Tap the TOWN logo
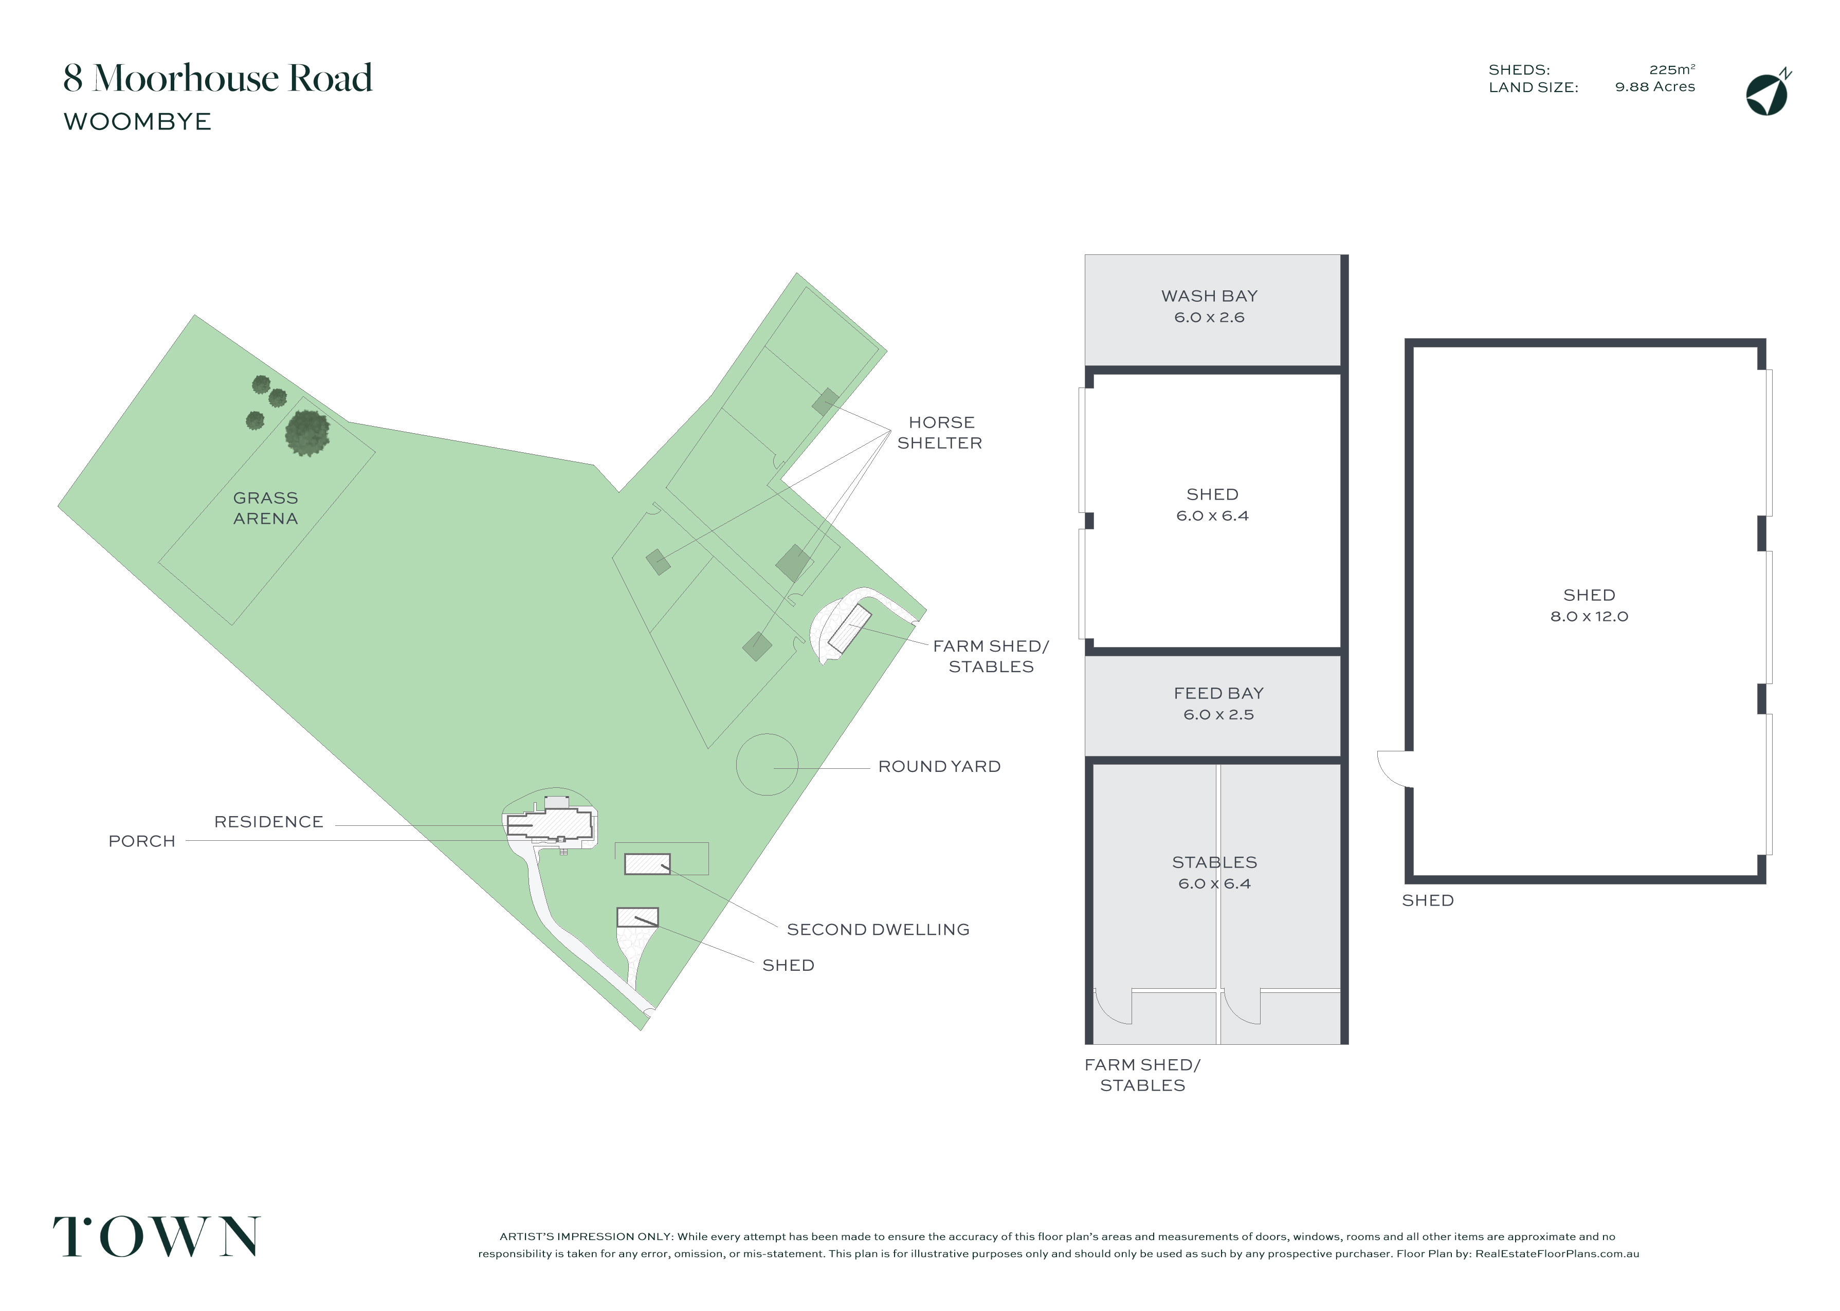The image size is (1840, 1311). pos(157,1236)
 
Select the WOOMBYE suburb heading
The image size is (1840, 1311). pos(137,122)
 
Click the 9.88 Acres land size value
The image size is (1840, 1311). pos(1654,87)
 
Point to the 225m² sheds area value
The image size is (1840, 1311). pos(1672,69)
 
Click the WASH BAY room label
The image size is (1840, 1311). pos(1209,296)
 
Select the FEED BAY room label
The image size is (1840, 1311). pos(1218,693)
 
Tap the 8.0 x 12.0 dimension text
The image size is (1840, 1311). pos(1589,617)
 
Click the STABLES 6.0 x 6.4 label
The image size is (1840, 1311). pos(1214,873)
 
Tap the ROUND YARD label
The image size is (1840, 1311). pos(939,767)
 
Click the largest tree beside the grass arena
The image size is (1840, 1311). pos(307,433)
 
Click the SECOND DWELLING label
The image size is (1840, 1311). pos(878,930)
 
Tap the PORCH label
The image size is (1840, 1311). pos(142,842)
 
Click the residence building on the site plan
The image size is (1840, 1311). pos(550,825)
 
